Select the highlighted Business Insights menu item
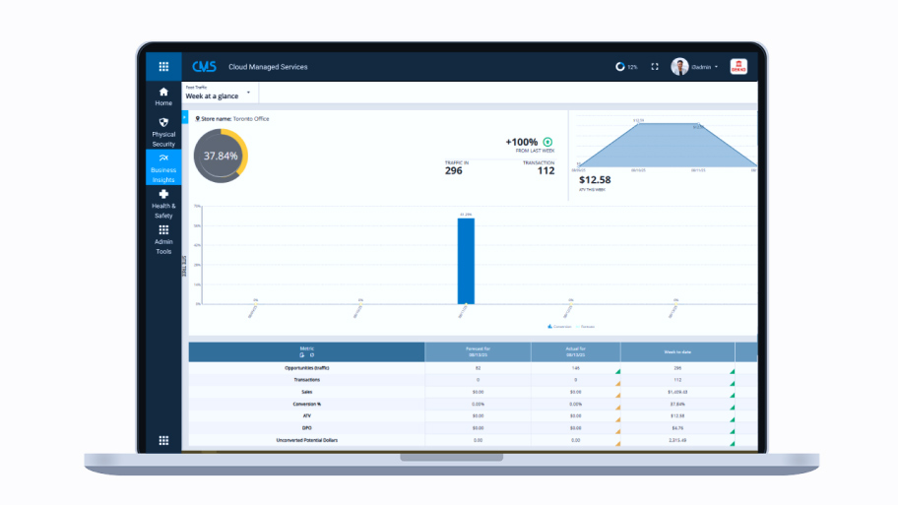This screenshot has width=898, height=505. [163, 168]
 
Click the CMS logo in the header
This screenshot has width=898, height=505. [204, 67]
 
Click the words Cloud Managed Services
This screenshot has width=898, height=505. [268, 67]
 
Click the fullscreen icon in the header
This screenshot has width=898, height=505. [655, 67]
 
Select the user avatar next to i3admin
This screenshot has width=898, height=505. [679, 67]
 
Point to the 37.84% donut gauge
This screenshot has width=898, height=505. [221, 156]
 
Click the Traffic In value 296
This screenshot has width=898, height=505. [453, 170]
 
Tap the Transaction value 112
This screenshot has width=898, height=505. [545, 170]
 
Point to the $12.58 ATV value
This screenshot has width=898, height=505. [595, 179]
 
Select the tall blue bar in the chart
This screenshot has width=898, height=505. [466, 260]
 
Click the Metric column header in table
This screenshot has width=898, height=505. [306, 350]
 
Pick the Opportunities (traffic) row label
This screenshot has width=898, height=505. [306, 367]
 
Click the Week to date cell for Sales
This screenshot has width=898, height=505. [677, 391]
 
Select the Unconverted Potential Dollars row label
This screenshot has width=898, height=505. [306, 440]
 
